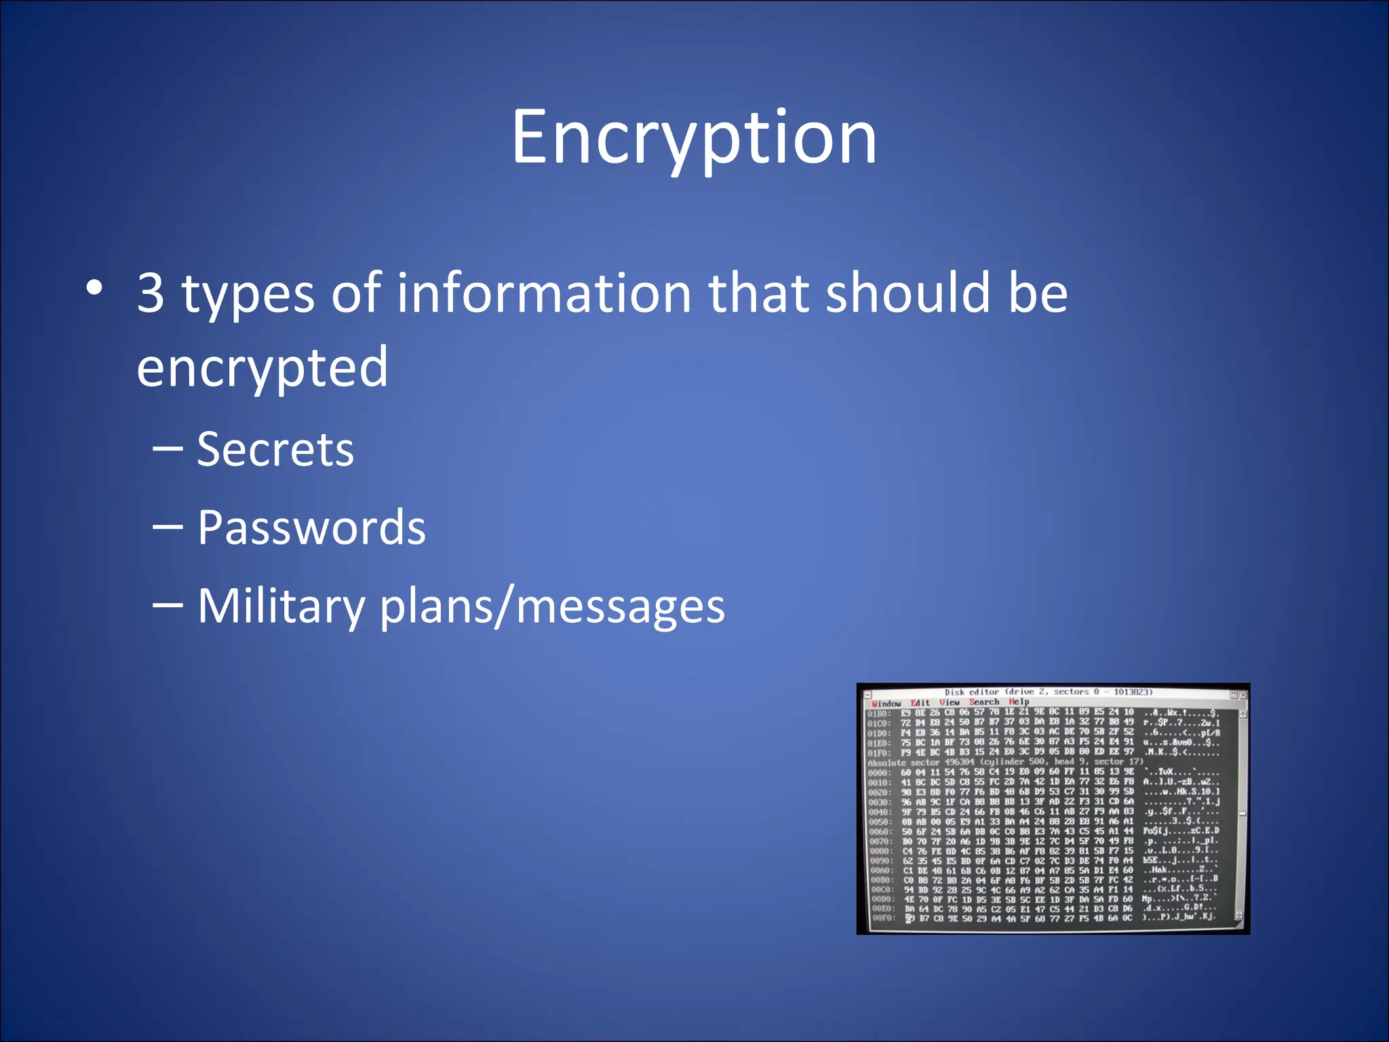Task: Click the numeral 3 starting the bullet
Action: pos(151,293)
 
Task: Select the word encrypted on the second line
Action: pos(262,367)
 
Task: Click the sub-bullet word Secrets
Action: pos(275,449)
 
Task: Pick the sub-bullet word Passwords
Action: pos(311,527)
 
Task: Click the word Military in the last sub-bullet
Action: pos(281,605)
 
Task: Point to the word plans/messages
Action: pos(552,605)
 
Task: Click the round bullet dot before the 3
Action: pos(95,288)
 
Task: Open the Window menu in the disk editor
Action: pos(886,703)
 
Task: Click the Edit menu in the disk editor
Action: pos(920,703)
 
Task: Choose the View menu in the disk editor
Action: pos(950,702)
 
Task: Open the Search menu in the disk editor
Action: pos(984,702)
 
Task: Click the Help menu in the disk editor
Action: pos(1019,701)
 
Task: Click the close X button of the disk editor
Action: pos(1243,695)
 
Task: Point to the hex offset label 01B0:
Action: pos(878,714)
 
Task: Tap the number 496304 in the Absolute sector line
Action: pos(959,763)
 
